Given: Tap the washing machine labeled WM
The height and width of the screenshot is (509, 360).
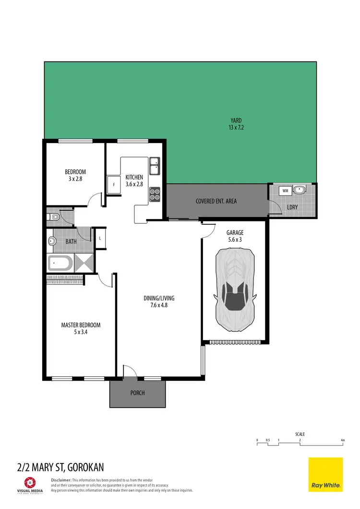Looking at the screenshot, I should tap(285, 191).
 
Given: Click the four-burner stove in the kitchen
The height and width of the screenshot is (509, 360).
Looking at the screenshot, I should tap(155, 193).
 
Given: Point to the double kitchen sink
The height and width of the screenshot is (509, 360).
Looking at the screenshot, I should tap(155, 167).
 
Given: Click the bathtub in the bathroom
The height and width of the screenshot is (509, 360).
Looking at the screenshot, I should tap(60, 263).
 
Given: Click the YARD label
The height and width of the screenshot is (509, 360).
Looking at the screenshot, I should tap(235, 121).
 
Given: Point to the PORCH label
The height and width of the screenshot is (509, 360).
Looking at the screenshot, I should tap(137, 393).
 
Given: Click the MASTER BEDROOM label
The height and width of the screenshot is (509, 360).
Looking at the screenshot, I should tap(81, 325).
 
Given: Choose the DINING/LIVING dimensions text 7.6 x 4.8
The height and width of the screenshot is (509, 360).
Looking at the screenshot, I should tap(158, 304).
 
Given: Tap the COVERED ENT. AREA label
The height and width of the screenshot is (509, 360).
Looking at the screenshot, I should tap(216, 201).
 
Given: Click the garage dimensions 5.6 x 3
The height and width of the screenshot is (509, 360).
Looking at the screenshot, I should tap(235, 240).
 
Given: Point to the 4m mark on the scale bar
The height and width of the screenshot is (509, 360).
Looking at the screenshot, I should tap(342, 440).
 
